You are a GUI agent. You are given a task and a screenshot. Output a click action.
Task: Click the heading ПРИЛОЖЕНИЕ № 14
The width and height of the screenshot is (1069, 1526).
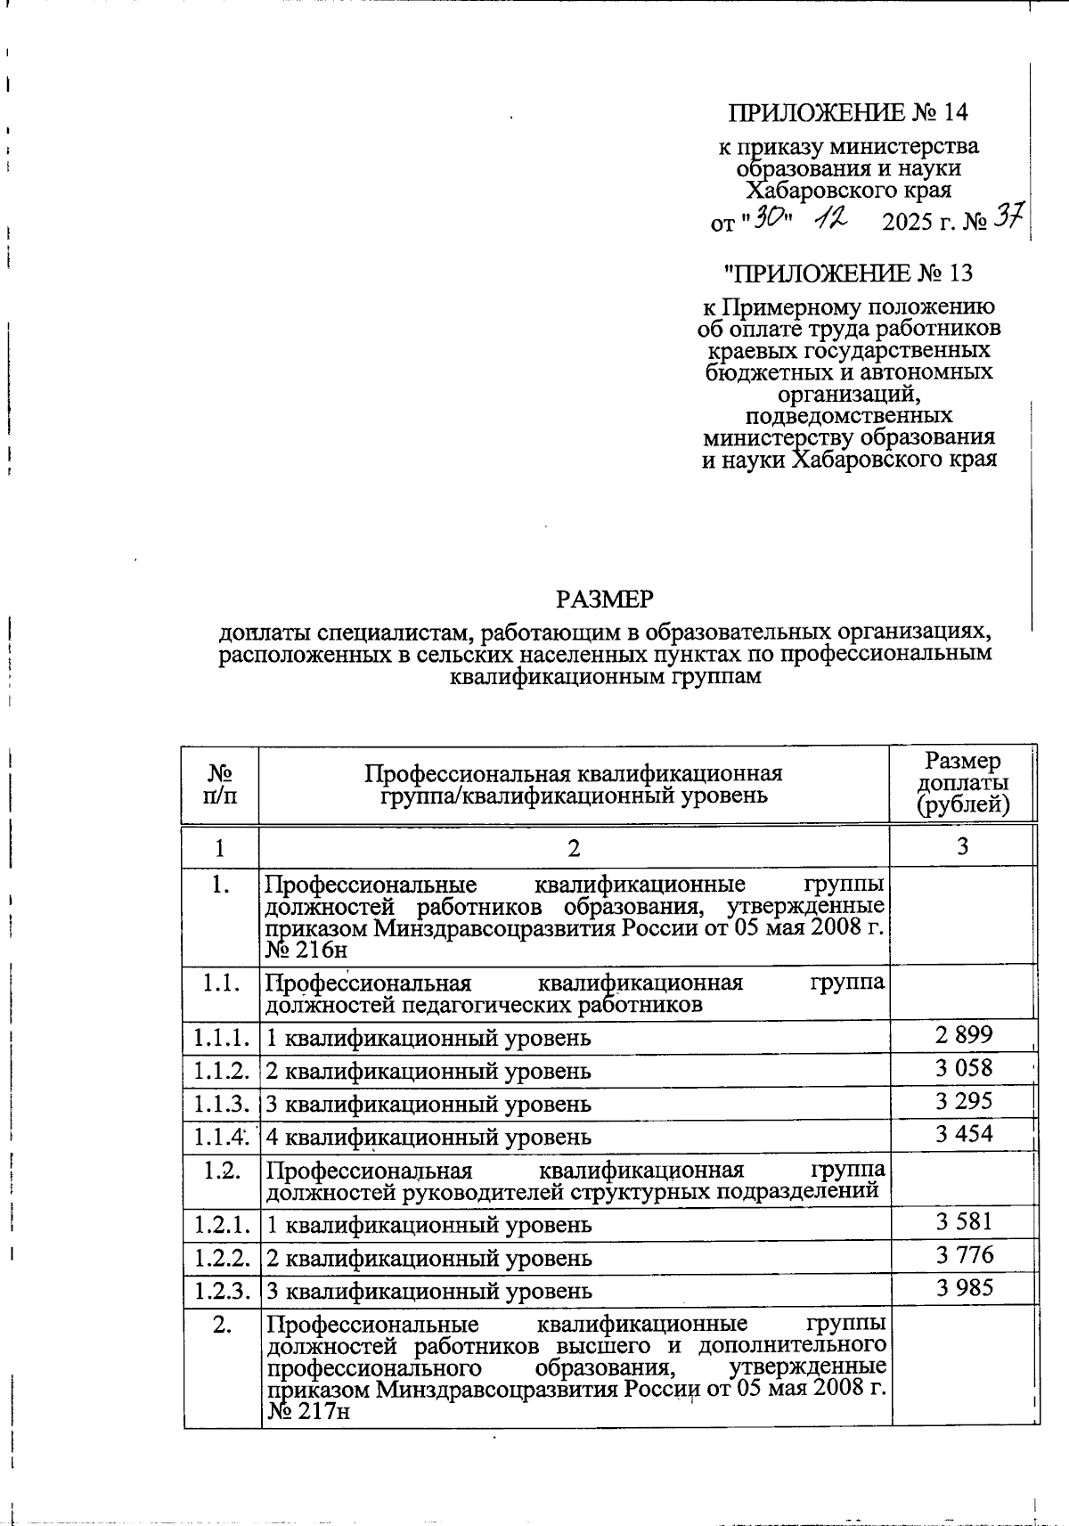(847, 113)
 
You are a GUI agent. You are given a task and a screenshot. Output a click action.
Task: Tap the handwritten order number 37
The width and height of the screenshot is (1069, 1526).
(1010, 216)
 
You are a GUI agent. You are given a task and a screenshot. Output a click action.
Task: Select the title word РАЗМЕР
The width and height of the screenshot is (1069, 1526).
(605, 600)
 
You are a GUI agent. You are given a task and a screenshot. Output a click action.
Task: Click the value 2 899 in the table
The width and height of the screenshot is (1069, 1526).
(964, 1035)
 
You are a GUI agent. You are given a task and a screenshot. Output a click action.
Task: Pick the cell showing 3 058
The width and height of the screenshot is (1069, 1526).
(964, 1068)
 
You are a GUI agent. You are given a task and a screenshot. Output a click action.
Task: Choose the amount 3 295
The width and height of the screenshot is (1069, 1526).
(964, 1101)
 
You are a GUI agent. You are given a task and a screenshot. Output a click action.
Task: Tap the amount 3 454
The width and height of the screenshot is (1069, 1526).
(964, 1134)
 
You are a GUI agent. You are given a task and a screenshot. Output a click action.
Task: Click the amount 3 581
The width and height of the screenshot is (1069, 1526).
(964, 1221)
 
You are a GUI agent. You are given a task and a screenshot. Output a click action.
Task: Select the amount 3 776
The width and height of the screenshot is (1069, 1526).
(964, 1255)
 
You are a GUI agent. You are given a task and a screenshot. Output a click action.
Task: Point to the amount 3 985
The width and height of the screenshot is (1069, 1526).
(964, 1287)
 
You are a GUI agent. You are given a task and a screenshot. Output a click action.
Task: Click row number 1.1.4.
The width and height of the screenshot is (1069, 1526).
(220, 1137)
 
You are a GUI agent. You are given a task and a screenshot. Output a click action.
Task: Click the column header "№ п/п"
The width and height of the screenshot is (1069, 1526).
(220, 783)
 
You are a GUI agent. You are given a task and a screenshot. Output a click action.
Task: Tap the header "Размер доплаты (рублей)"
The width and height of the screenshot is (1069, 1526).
(963, 783)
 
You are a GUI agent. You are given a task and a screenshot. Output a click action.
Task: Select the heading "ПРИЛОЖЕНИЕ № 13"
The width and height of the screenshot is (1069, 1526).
(848, 273)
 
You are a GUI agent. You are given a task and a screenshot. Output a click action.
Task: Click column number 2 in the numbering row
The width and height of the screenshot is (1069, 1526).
(574, 847)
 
